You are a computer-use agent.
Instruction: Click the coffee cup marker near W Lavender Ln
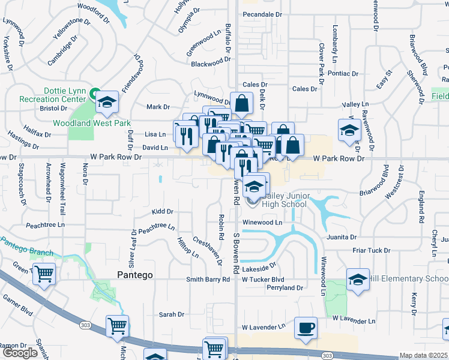(306, 328)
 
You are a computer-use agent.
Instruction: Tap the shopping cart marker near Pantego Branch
(44, 274)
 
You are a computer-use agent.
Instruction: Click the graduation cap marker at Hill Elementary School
(358, 280)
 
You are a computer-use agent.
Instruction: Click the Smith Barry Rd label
(208, 280)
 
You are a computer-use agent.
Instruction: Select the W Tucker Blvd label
(263, 280)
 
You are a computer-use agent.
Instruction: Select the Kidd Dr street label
(162, 212)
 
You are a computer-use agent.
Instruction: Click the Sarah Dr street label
(171, 314)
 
